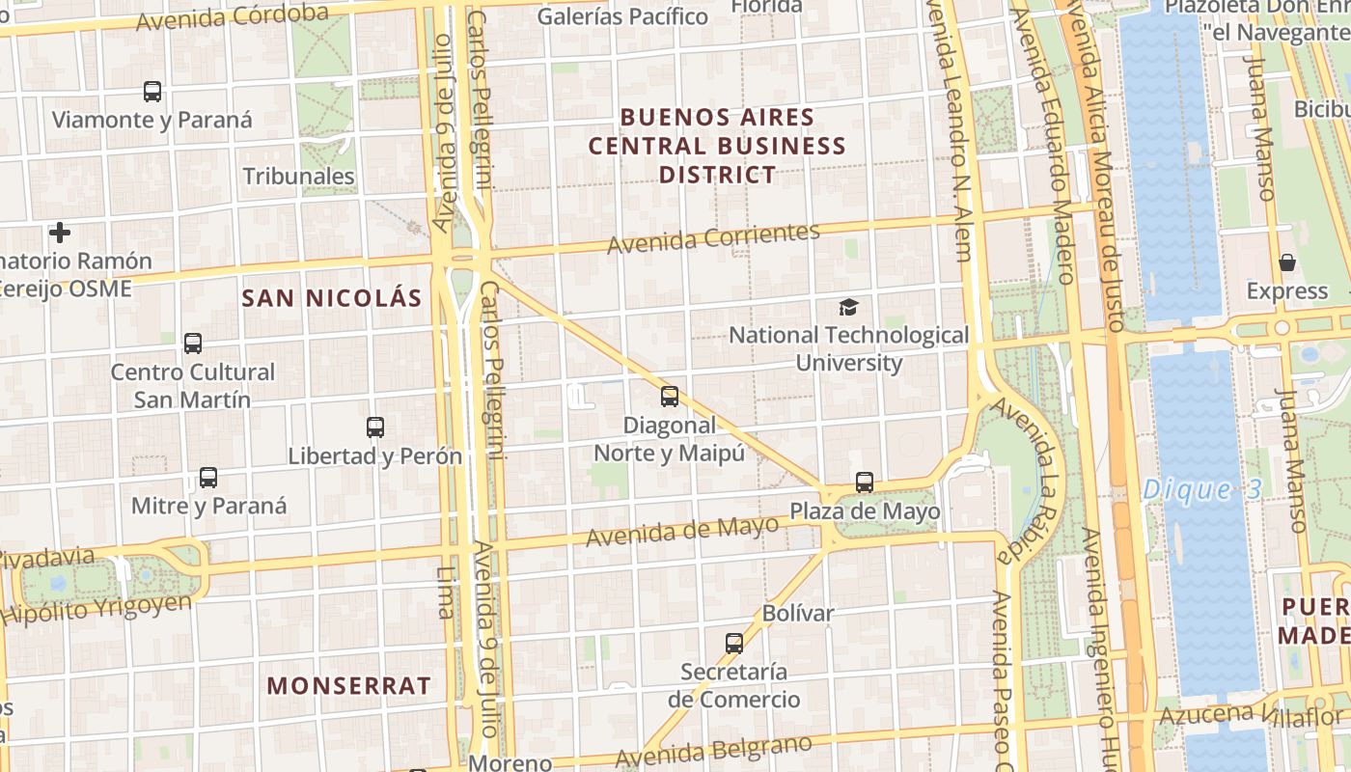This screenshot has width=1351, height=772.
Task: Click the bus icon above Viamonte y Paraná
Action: [152, 92]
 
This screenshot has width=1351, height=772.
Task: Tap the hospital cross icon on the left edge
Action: [60, 233]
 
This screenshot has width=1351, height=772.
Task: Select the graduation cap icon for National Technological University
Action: [848, 307]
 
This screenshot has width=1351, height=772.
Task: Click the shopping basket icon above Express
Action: [1287, 262]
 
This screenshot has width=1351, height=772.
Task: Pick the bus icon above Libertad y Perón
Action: [375, 427]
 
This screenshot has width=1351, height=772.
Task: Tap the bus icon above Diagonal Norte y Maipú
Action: [670, 396]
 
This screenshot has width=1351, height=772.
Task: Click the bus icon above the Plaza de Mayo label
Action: [865, 482]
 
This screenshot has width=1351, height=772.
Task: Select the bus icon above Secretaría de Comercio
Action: [734, 643]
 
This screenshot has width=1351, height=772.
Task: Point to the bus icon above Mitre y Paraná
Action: [208, 477]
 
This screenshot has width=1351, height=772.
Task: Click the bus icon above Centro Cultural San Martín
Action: [193, 343]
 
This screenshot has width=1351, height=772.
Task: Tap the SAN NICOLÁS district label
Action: [332, 298]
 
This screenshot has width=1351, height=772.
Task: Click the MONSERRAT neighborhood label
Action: [348, 686]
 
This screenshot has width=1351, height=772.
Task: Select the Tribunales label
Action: [298, 177]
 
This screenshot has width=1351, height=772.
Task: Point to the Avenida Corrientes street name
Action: [713, 237]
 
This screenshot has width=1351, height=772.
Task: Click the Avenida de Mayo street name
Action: [682, 531]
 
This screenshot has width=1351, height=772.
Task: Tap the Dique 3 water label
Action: [1201, 489]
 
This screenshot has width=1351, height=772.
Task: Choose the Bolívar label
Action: [798, 613]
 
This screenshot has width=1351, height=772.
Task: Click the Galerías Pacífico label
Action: [622, 16]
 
